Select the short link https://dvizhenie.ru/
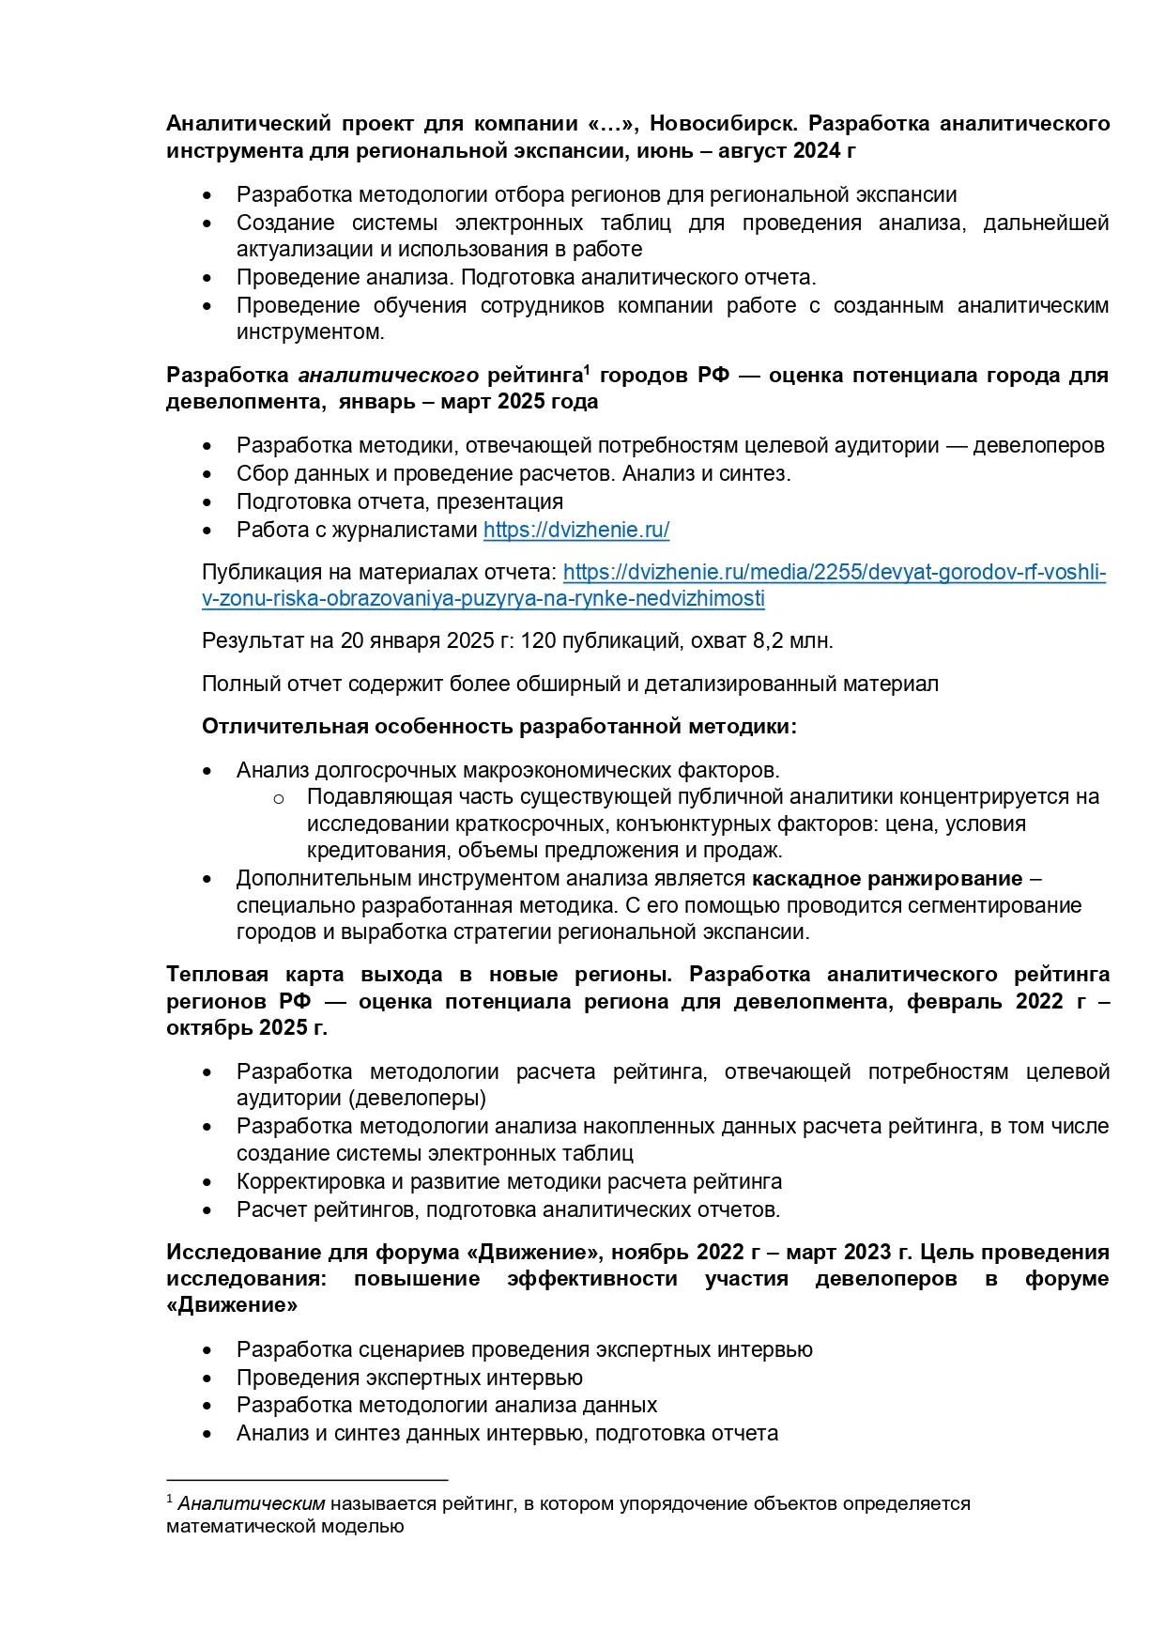575,530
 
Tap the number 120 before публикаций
538,640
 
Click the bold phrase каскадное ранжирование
886,878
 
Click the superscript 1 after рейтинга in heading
586,369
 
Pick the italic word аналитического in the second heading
388,376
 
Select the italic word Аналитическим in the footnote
251,1503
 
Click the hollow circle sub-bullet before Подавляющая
279,798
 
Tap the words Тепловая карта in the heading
256,975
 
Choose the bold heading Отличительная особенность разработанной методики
498,727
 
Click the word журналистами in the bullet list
417,530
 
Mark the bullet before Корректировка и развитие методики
207,1182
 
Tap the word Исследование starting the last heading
240,1253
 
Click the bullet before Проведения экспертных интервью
207,1378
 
